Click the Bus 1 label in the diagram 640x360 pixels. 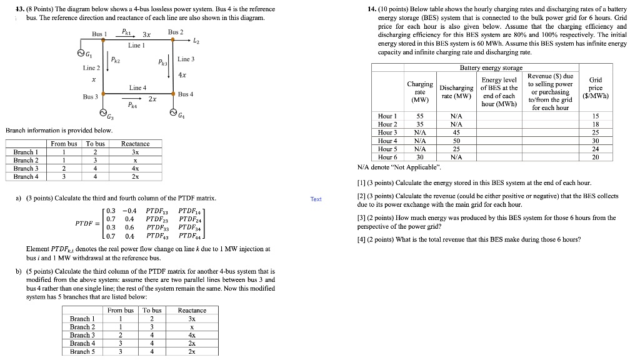100,32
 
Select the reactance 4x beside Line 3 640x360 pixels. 182,76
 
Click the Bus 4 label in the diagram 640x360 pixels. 186,94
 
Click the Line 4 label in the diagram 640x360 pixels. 137,87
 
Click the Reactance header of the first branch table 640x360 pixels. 136,144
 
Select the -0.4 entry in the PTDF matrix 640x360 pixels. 129,211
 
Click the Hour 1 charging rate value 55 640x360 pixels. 420,116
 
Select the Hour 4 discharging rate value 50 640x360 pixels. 456,141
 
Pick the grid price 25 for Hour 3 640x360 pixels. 596,132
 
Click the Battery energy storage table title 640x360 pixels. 491,67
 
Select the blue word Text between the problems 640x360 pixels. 316,199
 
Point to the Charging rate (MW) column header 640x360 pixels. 420,91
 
